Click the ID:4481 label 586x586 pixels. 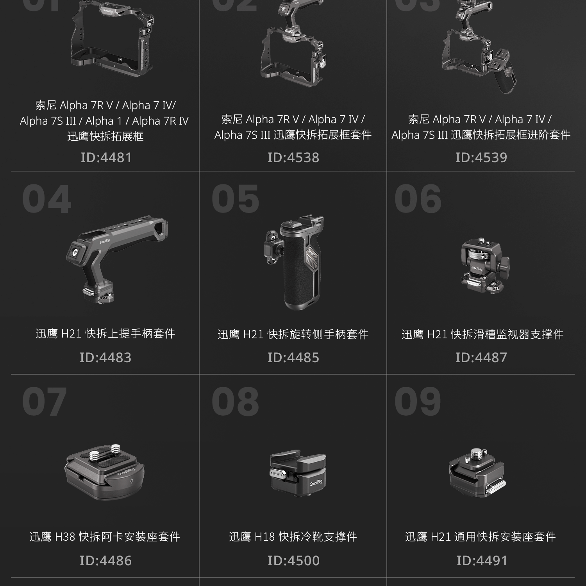pos(106,157)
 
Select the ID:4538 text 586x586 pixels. pos(293,157)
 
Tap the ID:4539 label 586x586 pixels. pos(481,157)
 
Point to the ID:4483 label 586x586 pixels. pos(105,357)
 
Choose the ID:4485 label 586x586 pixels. pos(293,357)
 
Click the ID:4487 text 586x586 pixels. pos(481,357)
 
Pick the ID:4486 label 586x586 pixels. pos(105,561)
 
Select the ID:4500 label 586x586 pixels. pos(293,561)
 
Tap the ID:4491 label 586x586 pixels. pos(482,561)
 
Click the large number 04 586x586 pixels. pos(47,200)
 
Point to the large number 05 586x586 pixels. pos(235,199)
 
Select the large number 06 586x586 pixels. pos(418,199)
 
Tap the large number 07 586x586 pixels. pos(45,402)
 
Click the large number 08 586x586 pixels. pos(235,402)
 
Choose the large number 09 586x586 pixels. pos(418,402)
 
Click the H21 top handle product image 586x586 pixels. pos(117,258)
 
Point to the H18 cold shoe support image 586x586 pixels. pos(298,473)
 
